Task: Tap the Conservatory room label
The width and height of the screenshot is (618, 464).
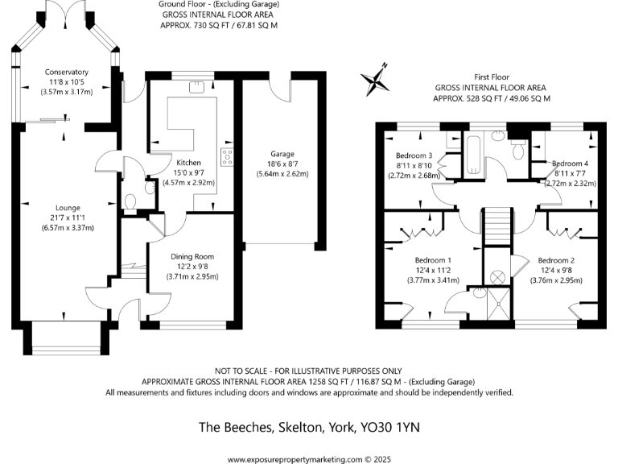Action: pyautogui.click(x=67, y=72)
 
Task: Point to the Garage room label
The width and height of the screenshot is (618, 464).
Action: pyautogui.click(x=282, y=154)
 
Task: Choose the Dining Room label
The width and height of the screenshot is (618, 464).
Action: pyautogui.click(x=192, y=257)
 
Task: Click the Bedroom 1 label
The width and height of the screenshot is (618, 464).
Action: pyautogui.click(x=433, y=260)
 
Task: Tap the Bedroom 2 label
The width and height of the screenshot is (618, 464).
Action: pyautogui.click(x=555, y=260)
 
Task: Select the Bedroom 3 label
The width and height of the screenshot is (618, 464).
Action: pyautogui.click(x=414, y=155)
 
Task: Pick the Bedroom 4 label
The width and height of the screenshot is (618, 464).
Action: pyautogui.click(x=571, y=164)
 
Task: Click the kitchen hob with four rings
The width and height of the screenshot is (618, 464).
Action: pyautogui.click(x=226, y=157)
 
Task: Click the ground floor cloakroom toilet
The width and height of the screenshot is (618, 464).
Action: pyautogui.click(x=132, y=202)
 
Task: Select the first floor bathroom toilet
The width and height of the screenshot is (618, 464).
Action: pyautogui.click(x=518, y=148)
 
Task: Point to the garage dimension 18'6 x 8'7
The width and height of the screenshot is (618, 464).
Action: pyautogui.click(x=282, y=164)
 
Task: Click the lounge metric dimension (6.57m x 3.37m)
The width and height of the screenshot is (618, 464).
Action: pyautogui.click(x=68, y=227)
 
